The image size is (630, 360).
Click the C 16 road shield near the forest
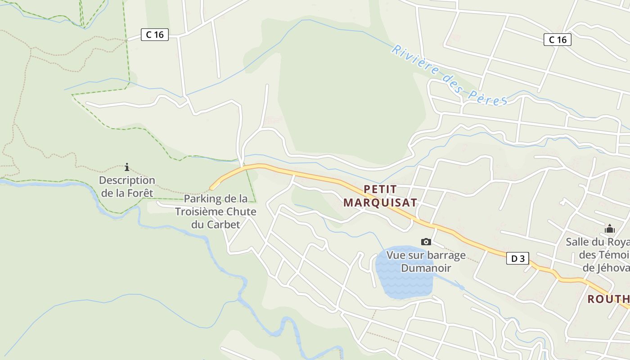[x=154, y=35]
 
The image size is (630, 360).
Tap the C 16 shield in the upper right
[x=557, y=40]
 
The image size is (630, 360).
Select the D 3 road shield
[x=517, y=258]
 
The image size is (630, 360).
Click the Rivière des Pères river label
[x=449, y=76]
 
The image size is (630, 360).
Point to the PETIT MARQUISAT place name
[x=380, y=196]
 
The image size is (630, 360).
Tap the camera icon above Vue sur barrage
[x=426, y=242]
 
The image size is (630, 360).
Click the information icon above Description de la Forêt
[x=127, y=167]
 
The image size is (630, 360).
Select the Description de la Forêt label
[x=127, y=187]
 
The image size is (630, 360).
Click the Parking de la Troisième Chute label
[x=216, y=211]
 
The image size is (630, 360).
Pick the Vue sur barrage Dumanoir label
[x=426, y=261]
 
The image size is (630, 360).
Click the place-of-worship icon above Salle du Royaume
[x=610, y=229]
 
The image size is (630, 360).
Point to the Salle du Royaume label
[x=598, y=255]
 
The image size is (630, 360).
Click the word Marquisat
[x=380, y=202]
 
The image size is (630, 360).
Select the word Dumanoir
[x=426, y=268]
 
